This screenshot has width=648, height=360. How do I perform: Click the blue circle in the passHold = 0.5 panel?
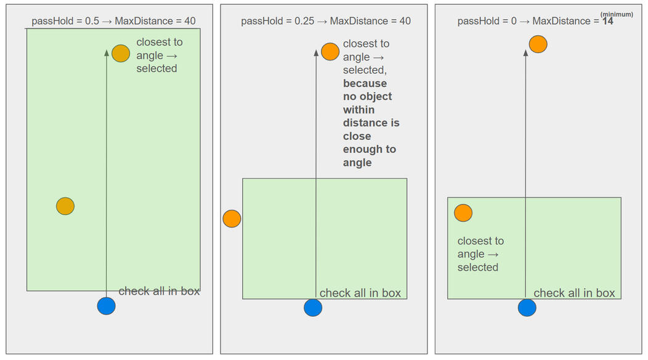click(x=107, y=306)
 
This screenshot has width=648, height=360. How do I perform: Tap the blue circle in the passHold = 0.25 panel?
click(x=313, y=307)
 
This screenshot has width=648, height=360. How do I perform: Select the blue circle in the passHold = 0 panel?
click(x=527, y=307)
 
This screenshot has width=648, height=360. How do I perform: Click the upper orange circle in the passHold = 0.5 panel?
click(x=121, y=54)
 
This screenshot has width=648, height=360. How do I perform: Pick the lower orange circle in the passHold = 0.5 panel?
click(x=65, y=206)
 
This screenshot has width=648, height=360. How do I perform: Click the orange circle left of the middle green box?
click(x=232, y=219)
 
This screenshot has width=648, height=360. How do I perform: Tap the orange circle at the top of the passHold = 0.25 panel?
click(x=330, y=52)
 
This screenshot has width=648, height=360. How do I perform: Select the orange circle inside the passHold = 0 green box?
click(x=463, y=213)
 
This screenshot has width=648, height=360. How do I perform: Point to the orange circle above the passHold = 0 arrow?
click(x=538, y=44)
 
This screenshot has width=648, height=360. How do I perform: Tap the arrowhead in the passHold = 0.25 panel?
click(x=316, y=53)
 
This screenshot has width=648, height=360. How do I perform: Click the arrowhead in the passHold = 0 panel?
click(x=525, y=54)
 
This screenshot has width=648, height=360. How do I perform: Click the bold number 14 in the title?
click(x=608, y=21)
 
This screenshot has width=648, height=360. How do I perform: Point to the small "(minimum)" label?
click(x=617, y=14)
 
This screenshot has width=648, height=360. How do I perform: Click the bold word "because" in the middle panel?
click(x=365, y=83)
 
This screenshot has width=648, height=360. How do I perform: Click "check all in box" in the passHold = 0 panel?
click(x=574, y=293)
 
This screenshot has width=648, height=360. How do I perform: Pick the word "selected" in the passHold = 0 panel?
click(x=478, y=267)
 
